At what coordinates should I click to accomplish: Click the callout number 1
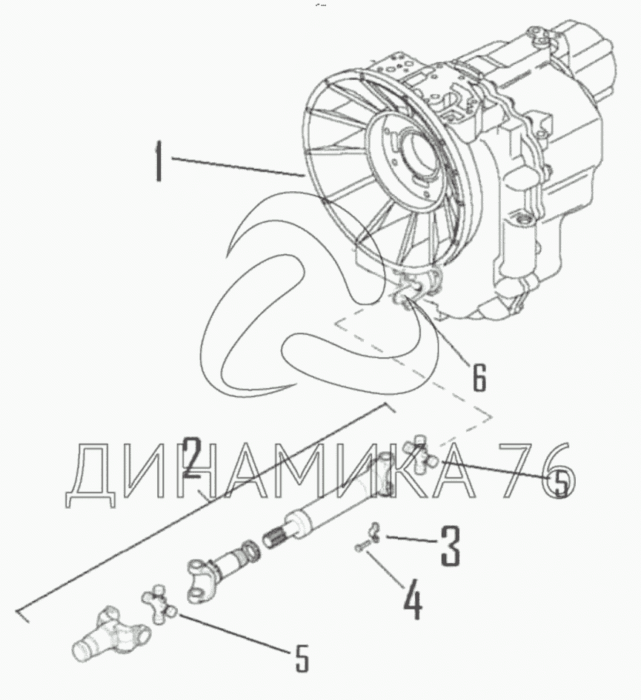pyautogui.click(x=158, y=161)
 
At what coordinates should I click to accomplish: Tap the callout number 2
pyautogui.click(x=192, y=459)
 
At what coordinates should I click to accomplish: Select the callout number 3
pyautogui.click(x=450, y=546)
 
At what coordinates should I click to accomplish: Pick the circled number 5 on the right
pyautogui.click(x=560, y=482)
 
